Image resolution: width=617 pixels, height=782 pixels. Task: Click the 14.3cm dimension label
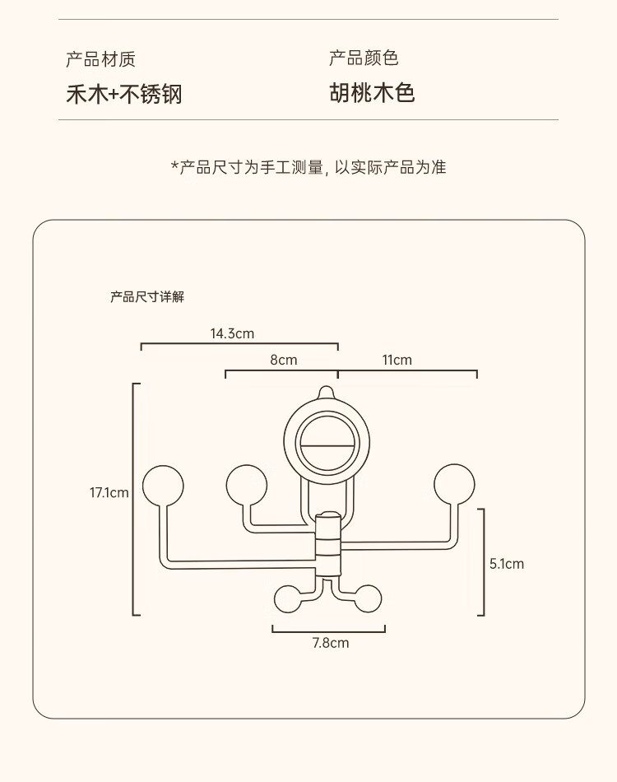tap(232, 333)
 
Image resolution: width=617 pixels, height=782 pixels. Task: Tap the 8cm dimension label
tap(283, 360)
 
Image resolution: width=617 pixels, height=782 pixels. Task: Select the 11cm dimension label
tap(397, 360)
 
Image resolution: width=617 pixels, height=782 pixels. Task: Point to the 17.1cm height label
tap(109, 493)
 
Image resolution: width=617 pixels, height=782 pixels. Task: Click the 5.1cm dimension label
tap(506, 564)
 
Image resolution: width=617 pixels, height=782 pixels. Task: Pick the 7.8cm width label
tap(330, 643)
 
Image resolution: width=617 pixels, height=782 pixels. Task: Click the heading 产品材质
tap(100, 59)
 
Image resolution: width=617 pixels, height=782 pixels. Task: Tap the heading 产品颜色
tap(364, 58)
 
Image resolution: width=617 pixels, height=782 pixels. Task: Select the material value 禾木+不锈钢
tap(123, 94)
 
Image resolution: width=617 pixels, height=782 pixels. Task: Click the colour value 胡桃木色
tap(372, 92)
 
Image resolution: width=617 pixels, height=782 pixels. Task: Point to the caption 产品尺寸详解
tap(147, 296)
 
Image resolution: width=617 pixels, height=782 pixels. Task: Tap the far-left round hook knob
tap(162, 486)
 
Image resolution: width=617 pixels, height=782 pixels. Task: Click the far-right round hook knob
tap(454, 483)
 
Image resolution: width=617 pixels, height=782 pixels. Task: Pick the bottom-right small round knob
tap(368, 599)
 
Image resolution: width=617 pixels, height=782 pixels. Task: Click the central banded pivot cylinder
tap(328, 544)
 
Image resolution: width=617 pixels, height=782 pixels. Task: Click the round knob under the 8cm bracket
tap(246, 484)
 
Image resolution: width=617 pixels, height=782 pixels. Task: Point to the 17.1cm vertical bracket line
tap(134, 499)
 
